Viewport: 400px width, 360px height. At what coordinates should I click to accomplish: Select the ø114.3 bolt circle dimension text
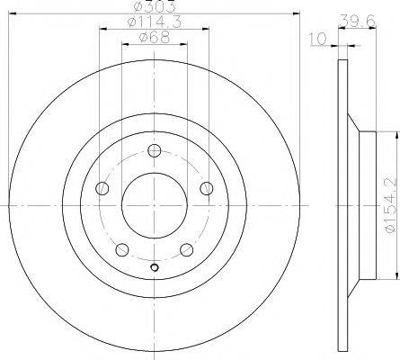click(x=154, y=22)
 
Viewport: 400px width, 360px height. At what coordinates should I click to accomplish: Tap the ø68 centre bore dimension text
click(x=154, y=37)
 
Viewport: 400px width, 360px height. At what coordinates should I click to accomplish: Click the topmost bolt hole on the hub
click(x=155, y=151)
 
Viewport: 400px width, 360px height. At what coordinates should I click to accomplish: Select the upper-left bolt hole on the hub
click(x=102, y=188)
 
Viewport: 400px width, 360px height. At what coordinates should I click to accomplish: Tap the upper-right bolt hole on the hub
click(x=207, y=188)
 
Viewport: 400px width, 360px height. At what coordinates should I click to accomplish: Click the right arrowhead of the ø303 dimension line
click(x=293, y=13)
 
